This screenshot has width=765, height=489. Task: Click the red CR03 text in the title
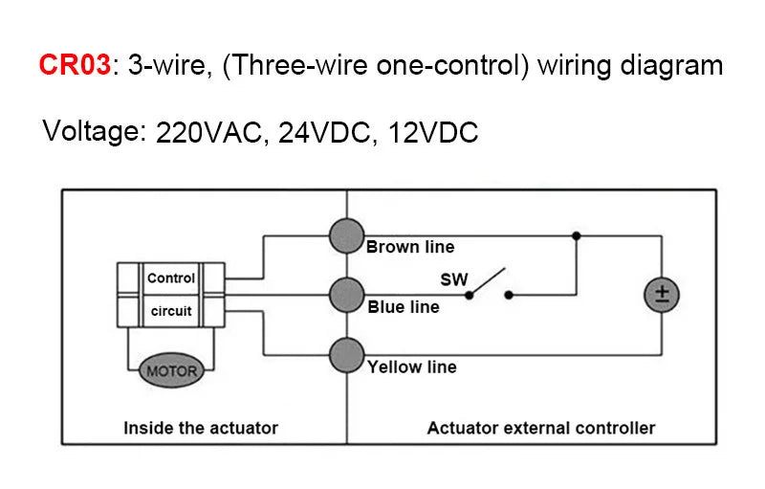pos(75,66)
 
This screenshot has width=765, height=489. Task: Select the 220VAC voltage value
pos(208,134)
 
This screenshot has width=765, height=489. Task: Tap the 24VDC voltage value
pos(323,134)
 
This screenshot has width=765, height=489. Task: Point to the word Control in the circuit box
pos(171,278)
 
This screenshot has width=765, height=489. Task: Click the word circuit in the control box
pos(171,311)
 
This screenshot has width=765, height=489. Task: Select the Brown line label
pos(411,247)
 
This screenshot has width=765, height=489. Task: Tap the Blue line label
pos(404,307)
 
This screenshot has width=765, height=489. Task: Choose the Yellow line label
pos(412,367)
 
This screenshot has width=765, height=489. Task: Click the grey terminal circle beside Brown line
pos(347,235)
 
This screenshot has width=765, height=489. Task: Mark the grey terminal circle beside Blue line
pos(347,296)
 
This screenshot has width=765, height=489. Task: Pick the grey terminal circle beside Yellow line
pos(347,356)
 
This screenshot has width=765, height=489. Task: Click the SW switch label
pos(453,279)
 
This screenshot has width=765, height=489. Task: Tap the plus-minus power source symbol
pos(660,296)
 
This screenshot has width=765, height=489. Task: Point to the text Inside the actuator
pos(201,428)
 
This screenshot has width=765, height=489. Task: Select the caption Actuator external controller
pos(541,428)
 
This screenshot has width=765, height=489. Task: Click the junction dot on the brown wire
pos(576,235)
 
